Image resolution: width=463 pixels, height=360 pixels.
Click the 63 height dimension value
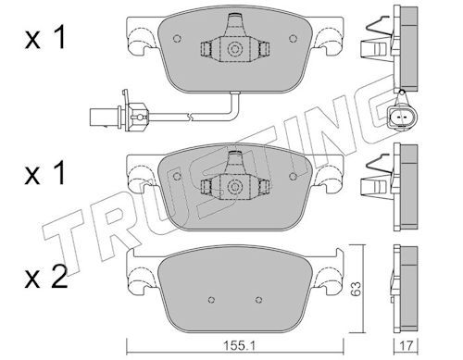pos(356,289)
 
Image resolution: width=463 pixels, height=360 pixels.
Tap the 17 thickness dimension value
pos(407,346)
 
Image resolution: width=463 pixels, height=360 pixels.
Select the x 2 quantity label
pos(46,277)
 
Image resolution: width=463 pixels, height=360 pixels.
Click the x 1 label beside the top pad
pos(45,37)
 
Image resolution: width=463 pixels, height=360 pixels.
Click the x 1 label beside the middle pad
pos(45,173)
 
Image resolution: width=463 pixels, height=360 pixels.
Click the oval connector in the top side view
pos(402,118)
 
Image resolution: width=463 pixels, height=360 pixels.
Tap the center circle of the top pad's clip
pos(234,49)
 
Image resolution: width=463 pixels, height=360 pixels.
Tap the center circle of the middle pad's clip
pos(234,186)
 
